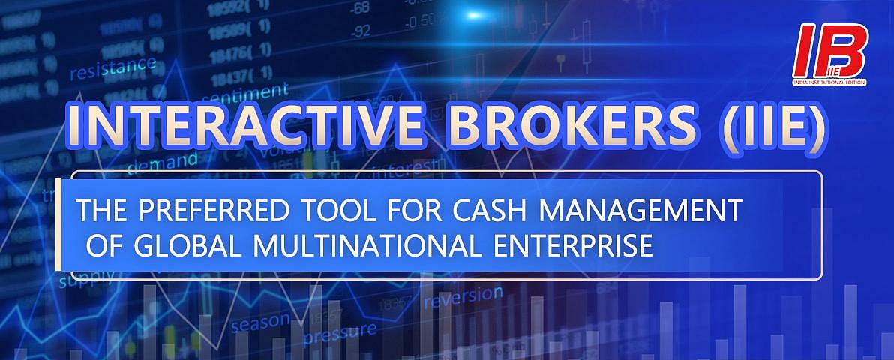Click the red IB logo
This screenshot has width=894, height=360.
830,50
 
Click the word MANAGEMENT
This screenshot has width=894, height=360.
642,212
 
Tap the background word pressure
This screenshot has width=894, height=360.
340,331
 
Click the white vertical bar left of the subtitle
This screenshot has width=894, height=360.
58,225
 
